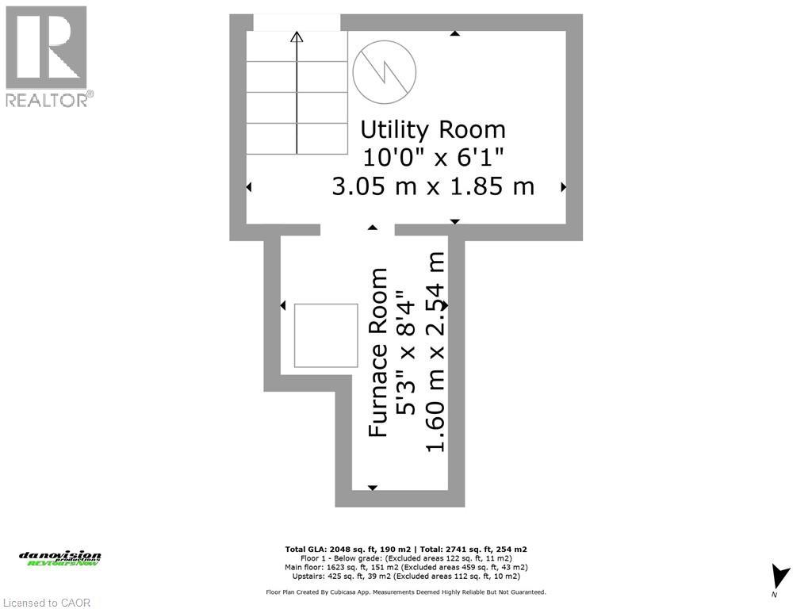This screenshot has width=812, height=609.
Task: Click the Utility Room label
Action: pos(433,129)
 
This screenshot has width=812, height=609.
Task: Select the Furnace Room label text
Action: pos(379,353)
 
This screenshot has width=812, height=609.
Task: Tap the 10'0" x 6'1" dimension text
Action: pos(433,157)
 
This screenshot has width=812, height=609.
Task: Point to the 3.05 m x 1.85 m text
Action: pos(433,186)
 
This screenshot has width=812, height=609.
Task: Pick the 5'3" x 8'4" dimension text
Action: pos(407,353)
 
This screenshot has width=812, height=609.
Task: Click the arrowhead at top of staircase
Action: pos(297,36)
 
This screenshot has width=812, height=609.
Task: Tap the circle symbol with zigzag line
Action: pos(385,72)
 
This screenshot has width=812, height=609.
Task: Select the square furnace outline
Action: pos(326,335)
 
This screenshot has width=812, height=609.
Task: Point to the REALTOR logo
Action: pos(47,56)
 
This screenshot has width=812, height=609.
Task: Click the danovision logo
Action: pos(60,558)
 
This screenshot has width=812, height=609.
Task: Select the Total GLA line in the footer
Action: pos(406,549)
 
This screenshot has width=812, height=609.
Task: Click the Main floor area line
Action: pos(406,567)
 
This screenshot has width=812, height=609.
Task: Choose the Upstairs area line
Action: pos(406,576)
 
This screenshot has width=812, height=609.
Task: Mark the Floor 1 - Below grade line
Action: pos(406,558)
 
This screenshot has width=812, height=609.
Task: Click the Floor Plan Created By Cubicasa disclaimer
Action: pos(406,592)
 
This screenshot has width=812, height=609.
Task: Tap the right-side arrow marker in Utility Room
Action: pos(564,187)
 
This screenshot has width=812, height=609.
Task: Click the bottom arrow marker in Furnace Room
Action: pos(373,488)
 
